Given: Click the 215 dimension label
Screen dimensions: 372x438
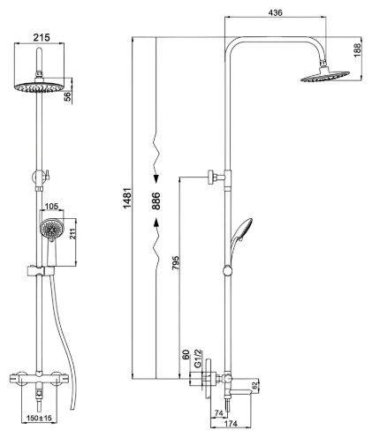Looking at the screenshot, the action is [42, 37].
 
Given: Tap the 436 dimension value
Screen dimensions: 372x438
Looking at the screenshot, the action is [276, 12].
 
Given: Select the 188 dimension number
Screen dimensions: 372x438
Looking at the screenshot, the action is [357, 50].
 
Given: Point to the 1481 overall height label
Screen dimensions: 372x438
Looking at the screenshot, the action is [127, 198].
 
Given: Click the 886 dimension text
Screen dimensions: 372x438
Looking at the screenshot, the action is [156, 200].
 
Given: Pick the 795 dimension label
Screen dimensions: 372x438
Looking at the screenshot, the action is [176, 263].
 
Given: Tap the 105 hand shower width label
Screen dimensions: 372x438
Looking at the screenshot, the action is [52, 206].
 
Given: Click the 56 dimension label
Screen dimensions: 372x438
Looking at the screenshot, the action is [68, 96].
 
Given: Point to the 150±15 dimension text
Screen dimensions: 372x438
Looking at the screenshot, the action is [39, 418].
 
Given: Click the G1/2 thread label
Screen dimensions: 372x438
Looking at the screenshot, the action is [198, 359].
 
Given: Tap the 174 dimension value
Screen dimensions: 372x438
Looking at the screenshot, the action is [231, 424].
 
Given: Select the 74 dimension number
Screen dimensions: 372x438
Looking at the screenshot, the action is [218, 413].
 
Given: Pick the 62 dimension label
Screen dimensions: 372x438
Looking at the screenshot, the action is [255, 385].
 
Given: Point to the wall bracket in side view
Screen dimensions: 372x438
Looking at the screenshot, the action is [216, 177].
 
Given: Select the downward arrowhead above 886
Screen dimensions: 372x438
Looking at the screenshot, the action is [156, 179].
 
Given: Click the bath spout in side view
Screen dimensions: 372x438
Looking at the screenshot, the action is [241, 391].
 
